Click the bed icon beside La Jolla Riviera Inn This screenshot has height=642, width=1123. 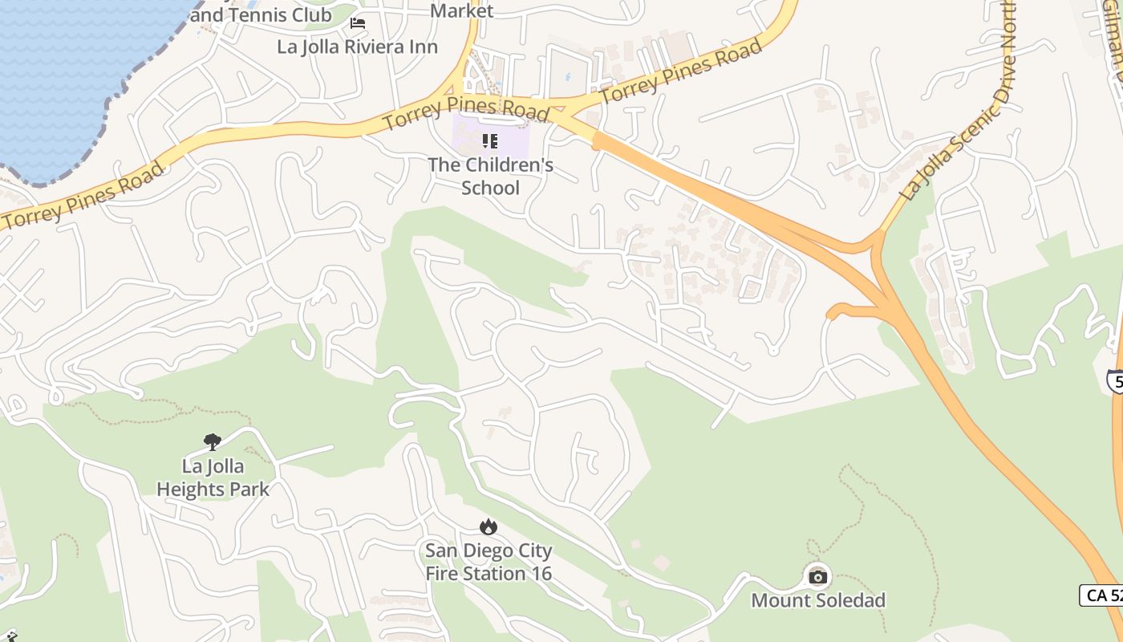coord(358,23)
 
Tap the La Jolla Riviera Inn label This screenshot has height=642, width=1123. coord(358,47)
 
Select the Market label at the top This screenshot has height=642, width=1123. coord(462,10)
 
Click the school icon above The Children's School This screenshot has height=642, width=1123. coord(490,142)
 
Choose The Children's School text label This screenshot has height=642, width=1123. coord(490,177)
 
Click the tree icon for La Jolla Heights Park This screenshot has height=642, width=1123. coord(213,441)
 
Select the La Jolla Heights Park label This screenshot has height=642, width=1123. coord(213,477)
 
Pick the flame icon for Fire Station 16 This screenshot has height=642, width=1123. coord(488,526)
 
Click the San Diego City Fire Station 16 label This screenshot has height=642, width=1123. coord(489,562)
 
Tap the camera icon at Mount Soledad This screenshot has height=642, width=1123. coord(817,576)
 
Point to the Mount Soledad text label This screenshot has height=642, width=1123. coord(818,600)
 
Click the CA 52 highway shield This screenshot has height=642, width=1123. coord(1101,595)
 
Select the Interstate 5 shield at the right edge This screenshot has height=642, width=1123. coord(1115,380)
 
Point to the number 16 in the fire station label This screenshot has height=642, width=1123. coord(541,573)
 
